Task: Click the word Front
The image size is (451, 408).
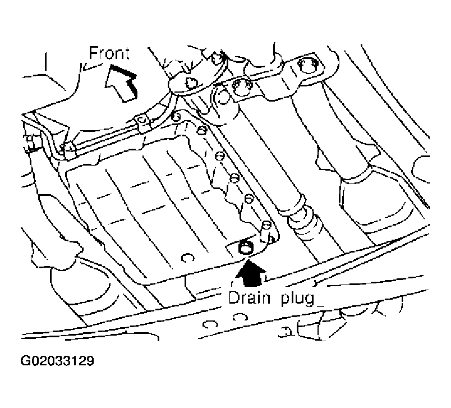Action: click(x=109, y=53)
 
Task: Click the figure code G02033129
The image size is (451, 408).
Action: click(x=57, y=361)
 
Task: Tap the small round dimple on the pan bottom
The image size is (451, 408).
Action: click(x=187, y=258)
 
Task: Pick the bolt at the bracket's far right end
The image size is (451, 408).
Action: click(x=309, y=67)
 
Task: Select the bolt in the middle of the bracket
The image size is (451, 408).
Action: click(x=242, y=88)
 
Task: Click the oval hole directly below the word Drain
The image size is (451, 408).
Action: click(x=240, y=317)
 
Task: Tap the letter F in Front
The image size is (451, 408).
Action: click(x=93, y=53)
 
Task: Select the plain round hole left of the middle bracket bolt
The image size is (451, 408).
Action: click(x=222, y=97)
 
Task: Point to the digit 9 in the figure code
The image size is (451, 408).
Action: click(x=90, y=361)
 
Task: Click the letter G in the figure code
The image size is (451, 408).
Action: click(x=25, y=361)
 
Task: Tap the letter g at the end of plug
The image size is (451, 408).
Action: click(x=310, y=300)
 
